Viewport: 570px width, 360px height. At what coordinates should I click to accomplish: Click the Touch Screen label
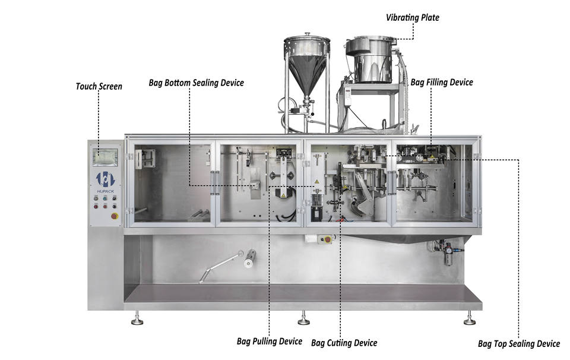pyautogui.click(x=99, y=87)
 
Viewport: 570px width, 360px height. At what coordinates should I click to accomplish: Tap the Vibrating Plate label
pyautogui.click(x=412, y=17)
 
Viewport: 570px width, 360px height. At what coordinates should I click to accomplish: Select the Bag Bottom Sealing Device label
pyautogui.click(x=197, y=83)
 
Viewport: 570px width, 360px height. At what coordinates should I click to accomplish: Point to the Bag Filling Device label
pyautogui.click(x=442, y=83)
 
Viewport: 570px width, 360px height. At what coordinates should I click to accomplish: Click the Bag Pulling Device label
pyautogui.click(x=270, y=342)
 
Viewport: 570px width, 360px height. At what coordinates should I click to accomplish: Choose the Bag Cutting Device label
pyautogui.click(x=344, y=343)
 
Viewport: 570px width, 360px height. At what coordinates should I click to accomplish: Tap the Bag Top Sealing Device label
pyautogui.click(x=519, y=344)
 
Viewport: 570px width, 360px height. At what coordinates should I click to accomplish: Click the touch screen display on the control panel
pyautogui.click(x=105, y=157)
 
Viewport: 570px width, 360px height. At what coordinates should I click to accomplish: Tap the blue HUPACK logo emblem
pyautogui.click(x=106, y=179)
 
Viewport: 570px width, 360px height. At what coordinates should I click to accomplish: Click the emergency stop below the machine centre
pyautogui.click(x=328, y=239)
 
